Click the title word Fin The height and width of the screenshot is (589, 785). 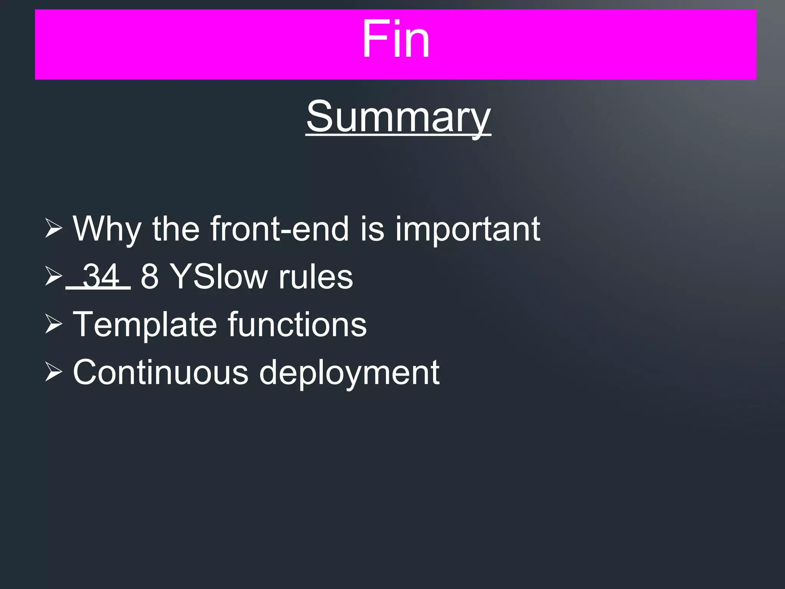pos(396,39)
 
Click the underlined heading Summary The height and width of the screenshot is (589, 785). pos(398,117)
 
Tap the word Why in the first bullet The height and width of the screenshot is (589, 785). pos(107,229)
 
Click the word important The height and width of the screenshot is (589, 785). pos(467,229)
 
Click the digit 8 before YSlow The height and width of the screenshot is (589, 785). pos(149,276)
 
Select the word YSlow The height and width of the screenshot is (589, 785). pos(218,276)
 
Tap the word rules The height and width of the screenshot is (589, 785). pos(315,276)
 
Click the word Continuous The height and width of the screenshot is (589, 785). pos(161,372)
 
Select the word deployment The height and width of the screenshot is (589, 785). pos(349,373)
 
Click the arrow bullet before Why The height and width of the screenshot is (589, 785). pos(53,228)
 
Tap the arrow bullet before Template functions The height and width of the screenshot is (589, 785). pos(53,324)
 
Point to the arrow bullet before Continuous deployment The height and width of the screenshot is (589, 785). pos(53,372)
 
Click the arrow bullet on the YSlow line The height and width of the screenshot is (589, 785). pos(53,276)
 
